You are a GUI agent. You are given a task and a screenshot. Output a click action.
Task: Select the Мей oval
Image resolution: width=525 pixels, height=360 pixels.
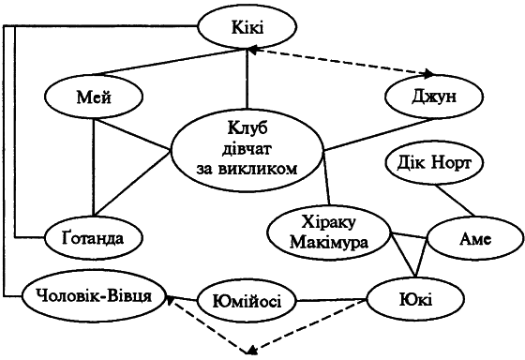click(x=93, y=96)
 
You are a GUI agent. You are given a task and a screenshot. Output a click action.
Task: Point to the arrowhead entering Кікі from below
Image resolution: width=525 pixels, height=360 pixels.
click(x=247, y=55)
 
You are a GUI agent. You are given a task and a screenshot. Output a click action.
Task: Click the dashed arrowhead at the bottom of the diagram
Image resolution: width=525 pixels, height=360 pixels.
click(x=249, y=351)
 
